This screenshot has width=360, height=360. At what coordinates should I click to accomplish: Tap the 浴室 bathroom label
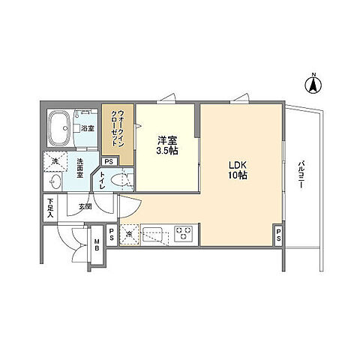click(x=88, y=129)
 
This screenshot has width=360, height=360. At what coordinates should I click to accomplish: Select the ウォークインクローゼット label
click(x=117, y=128)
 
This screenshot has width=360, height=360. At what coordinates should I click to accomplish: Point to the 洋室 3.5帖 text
click(x=166, y=145)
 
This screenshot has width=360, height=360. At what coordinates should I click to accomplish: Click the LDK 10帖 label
click(x=238, y=170)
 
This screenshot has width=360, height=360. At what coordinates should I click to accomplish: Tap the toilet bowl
click(x=118, y=180)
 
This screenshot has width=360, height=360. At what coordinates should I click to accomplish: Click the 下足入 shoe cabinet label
click(x=49, y=208)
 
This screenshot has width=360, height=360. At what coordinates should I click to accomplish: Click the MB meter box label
click(x=97, y=245)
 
